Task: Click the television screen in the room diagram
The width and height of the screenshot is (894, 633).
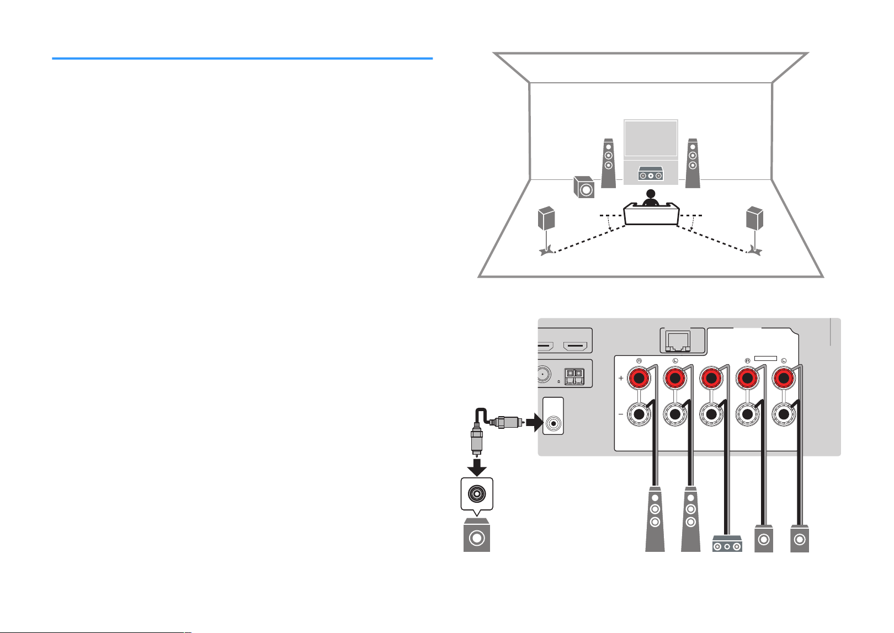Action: point(651,139)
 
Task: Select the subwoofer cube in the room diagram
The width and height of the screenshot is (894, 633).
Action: point(584,187)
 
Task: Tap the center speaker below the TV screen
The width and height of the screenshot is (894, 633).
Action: point(651,174)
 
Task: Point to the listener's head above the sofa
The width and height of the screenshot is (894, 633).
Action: point(651,194)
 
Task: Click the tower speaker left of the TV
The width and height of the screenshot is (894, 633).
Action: point(608,163)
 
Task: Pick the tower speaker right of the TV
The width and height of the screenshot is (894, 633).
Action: point(693,163)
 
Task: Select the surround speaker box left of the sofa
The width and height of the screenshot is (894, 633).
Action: point(546,218)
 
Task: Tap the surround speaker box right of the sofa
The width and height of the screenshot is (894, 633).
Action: point(755,218)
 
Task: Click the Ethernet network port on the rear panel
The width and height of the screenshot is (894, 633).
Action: point(678,341)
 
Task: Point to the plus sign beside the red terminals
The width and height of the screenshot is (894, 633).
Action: point(621,378)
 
